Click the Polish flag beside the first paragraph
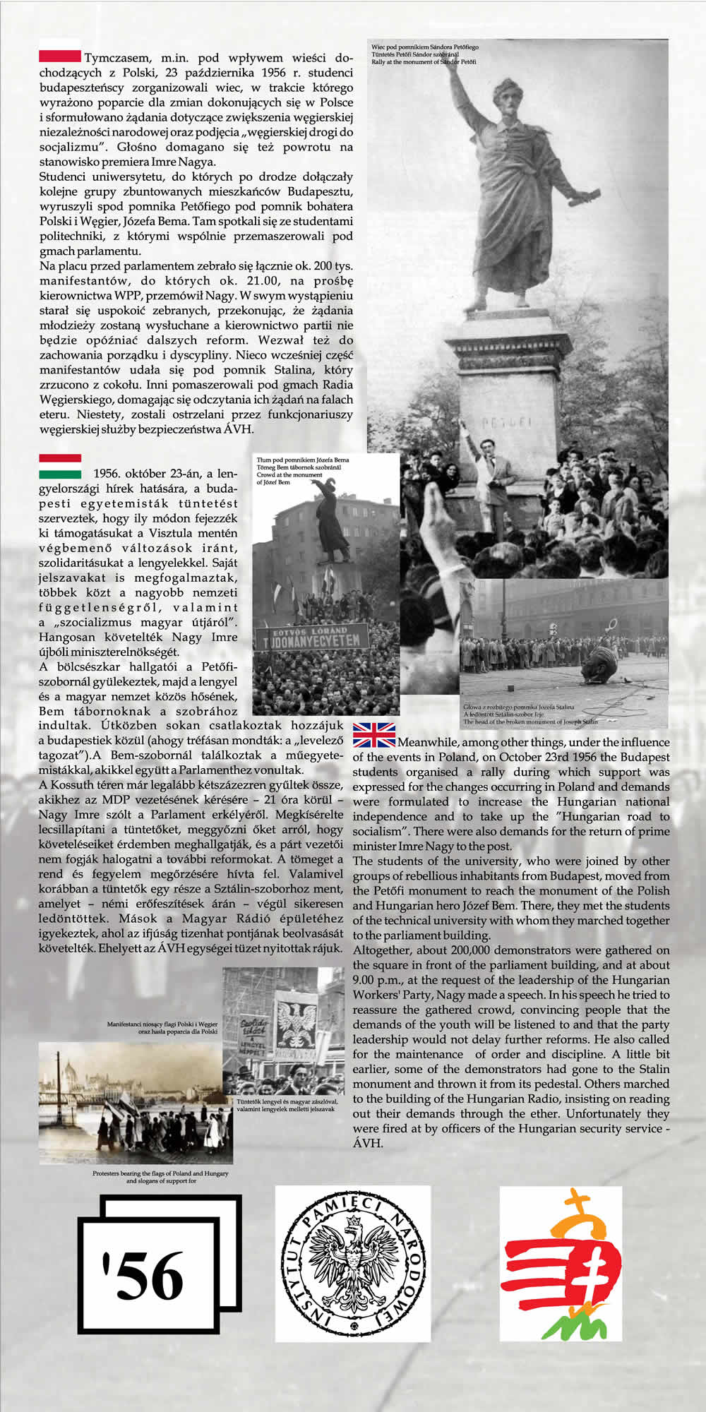coord(60,56)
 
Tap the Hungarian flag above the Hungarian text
coord(60,467)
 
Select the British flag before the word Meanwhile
coord(374,735)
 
